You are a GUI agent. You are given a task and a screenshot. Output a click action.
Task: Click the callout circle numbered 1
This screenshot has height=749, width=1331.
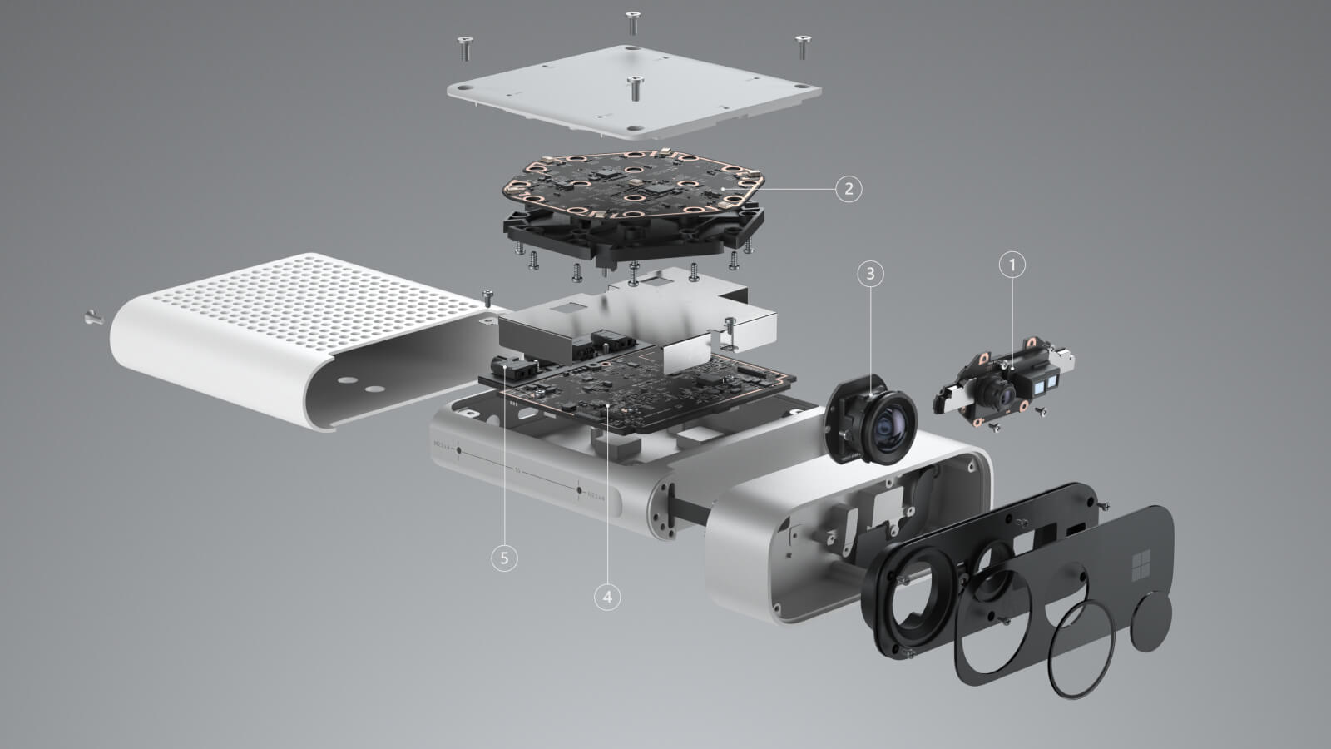point(1012,265)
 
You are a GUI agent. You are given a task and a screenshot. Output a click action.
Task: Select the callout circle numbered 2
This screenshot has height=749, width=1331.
point(848,188)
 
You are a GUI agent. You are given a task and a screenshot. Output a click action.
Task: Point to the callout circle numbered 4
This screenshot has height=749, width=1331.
point(607,596)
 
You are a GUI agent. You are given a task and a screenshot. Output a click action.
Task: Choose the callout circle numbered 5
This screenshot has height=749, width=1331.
point(504,557)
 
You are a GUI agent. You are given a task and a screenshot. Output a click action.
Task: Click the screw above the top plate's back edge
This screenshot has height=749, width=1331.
point(632,22)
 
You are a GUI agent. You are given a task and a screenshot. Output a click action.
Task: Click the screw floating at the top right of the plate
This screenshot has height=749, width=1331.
point(803,46)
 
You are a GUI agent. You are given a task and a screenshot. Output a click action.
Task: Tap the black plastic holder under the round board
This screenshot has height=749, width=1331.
point(632,237)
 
